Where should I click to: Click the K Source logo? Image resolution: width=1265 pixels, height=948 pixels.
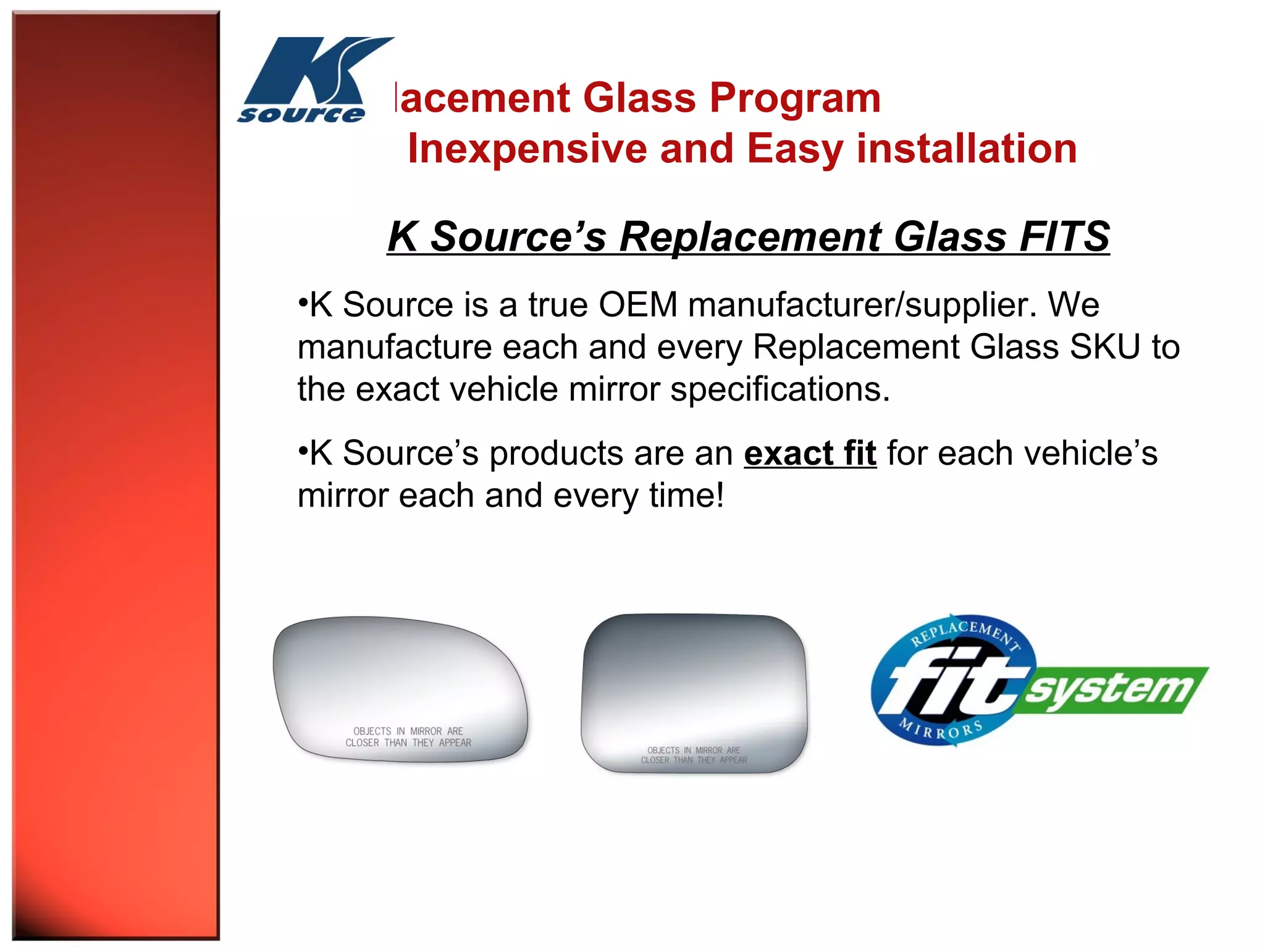coord(312,80)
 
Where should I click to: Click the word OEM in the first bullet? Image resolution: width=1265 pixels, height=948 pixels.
coord(638,305)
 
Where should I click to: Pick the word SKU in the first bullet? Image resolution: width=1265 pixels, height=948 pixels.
coord(1104,347)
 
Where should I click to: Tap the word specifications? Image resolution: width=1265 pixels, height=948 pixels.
coord(780,389)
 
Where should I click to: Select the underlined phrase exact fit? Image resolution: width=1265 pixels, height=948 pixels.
coord(810,454)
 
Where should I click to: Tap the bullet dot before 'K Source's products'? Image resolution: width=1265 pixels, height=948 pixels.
coord(303,451)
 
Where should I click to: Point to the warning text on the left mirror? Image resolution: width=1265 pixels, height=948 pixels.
coord(408,737)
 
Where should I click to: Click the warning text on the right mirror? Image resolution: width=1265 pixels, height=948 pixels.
coord(694,755)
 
